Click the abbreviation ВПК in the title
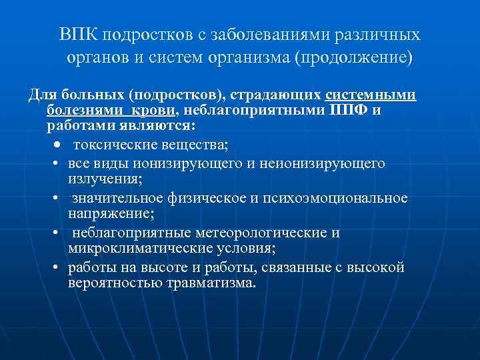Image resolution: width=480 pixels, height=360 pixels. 75,34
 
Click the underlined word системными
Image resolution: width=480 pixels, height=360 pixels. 371,95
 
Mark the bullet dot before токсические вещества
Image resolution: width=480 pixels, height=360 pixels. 59,145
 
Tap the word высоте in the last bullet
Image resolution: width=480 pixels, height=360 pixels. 157,267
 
